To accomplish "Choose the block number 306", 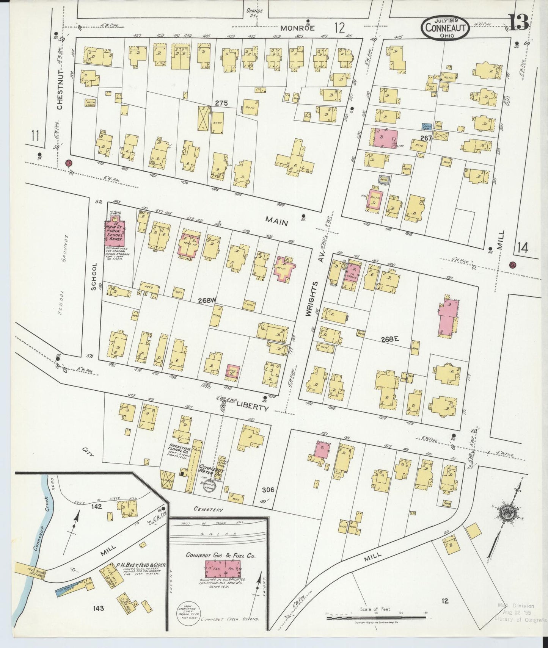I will [268, 490].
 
